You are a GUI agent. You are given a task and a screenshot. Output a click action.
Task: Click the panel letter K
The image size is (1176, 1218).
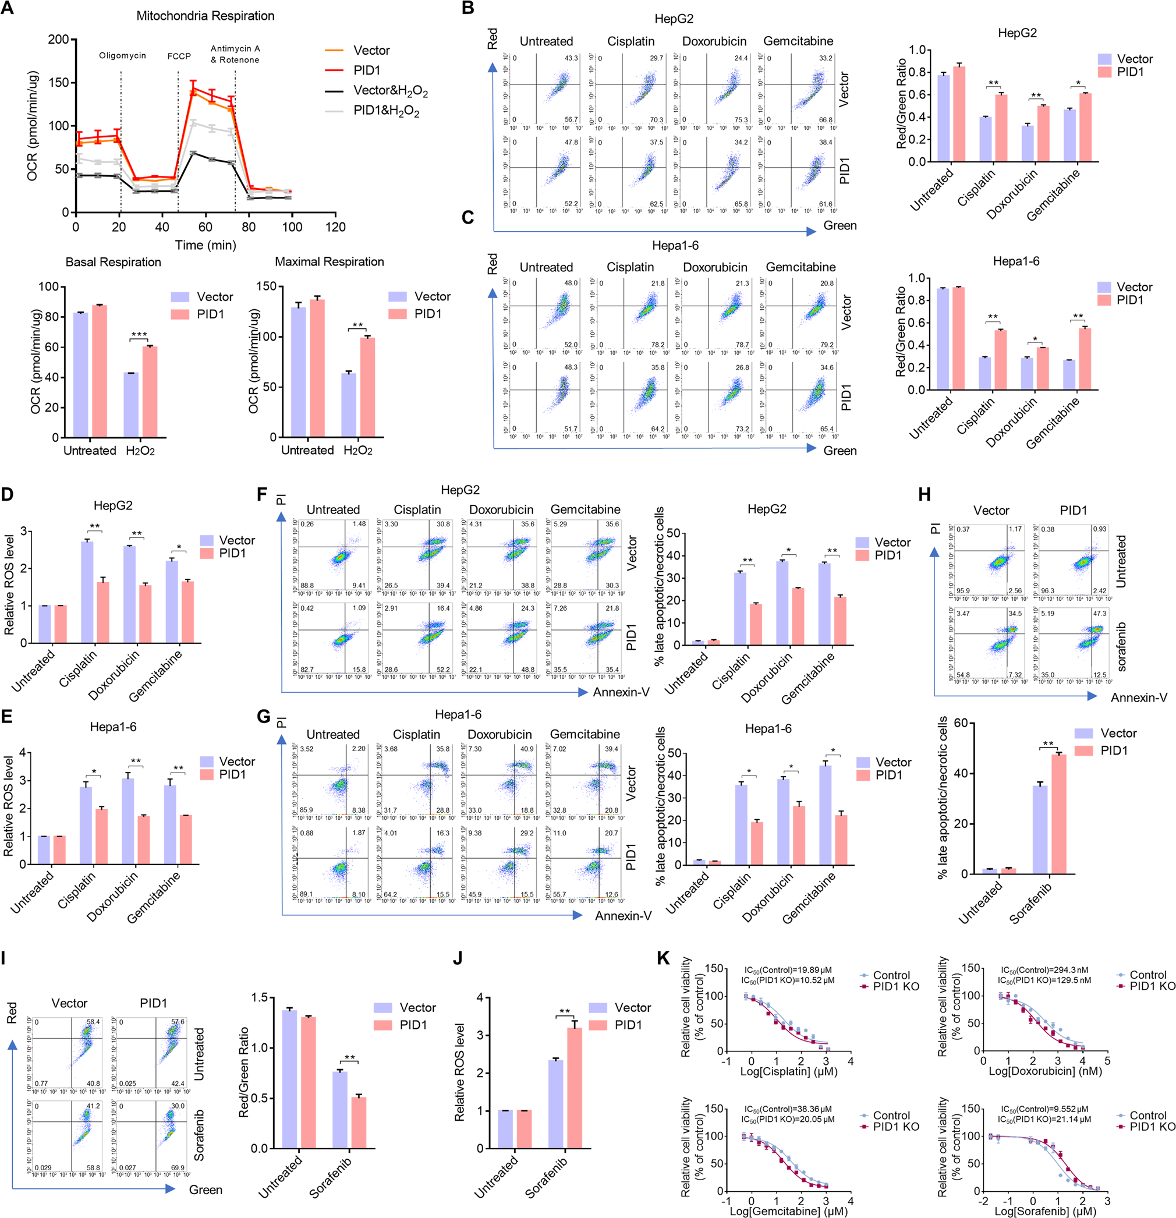pos(663,958)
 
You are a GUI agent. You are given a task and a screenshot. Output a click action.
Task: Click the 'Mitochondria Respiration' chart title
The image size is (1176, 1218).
pos(205,16)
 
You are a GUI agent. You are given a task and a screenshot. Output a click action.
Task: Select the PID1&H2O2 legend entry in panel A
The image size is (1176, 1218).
pos(386,111)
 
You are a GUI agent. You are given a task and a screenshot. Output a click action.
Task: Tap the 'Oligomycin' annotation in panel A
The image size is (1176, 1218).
pos(122,55)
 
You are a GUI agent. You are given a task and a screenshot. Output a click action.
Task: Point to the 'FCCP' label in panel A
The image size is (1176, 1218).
pos(179,56)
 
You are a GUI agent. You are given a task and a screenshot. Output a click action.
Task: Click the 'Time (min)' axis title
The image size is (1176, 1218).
pos(205,245)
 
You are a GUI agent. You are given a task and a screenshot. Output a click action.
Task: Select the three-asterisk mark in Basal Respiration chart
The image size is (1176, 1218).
pos(139,335)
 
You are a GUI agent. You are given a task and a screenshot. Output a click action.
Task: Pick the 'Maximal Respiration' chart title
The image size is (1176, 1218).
pos(330,261)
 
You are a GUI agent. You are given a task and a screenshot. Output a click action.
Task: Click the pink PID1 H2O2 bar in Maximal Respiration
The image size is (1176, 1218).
pos(367,387)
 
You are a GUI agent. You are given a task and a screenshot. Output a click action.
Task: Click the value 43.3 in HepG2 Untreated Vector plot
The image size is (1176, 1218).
pos(571,58)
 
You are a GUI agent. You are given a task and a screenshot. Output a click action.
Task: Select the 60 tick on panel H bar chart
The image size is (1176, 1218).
pos(961,723)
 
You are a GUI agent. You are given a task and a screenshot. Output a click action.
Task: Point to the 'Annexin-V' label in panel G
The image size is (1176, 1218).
pos(623,915)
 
